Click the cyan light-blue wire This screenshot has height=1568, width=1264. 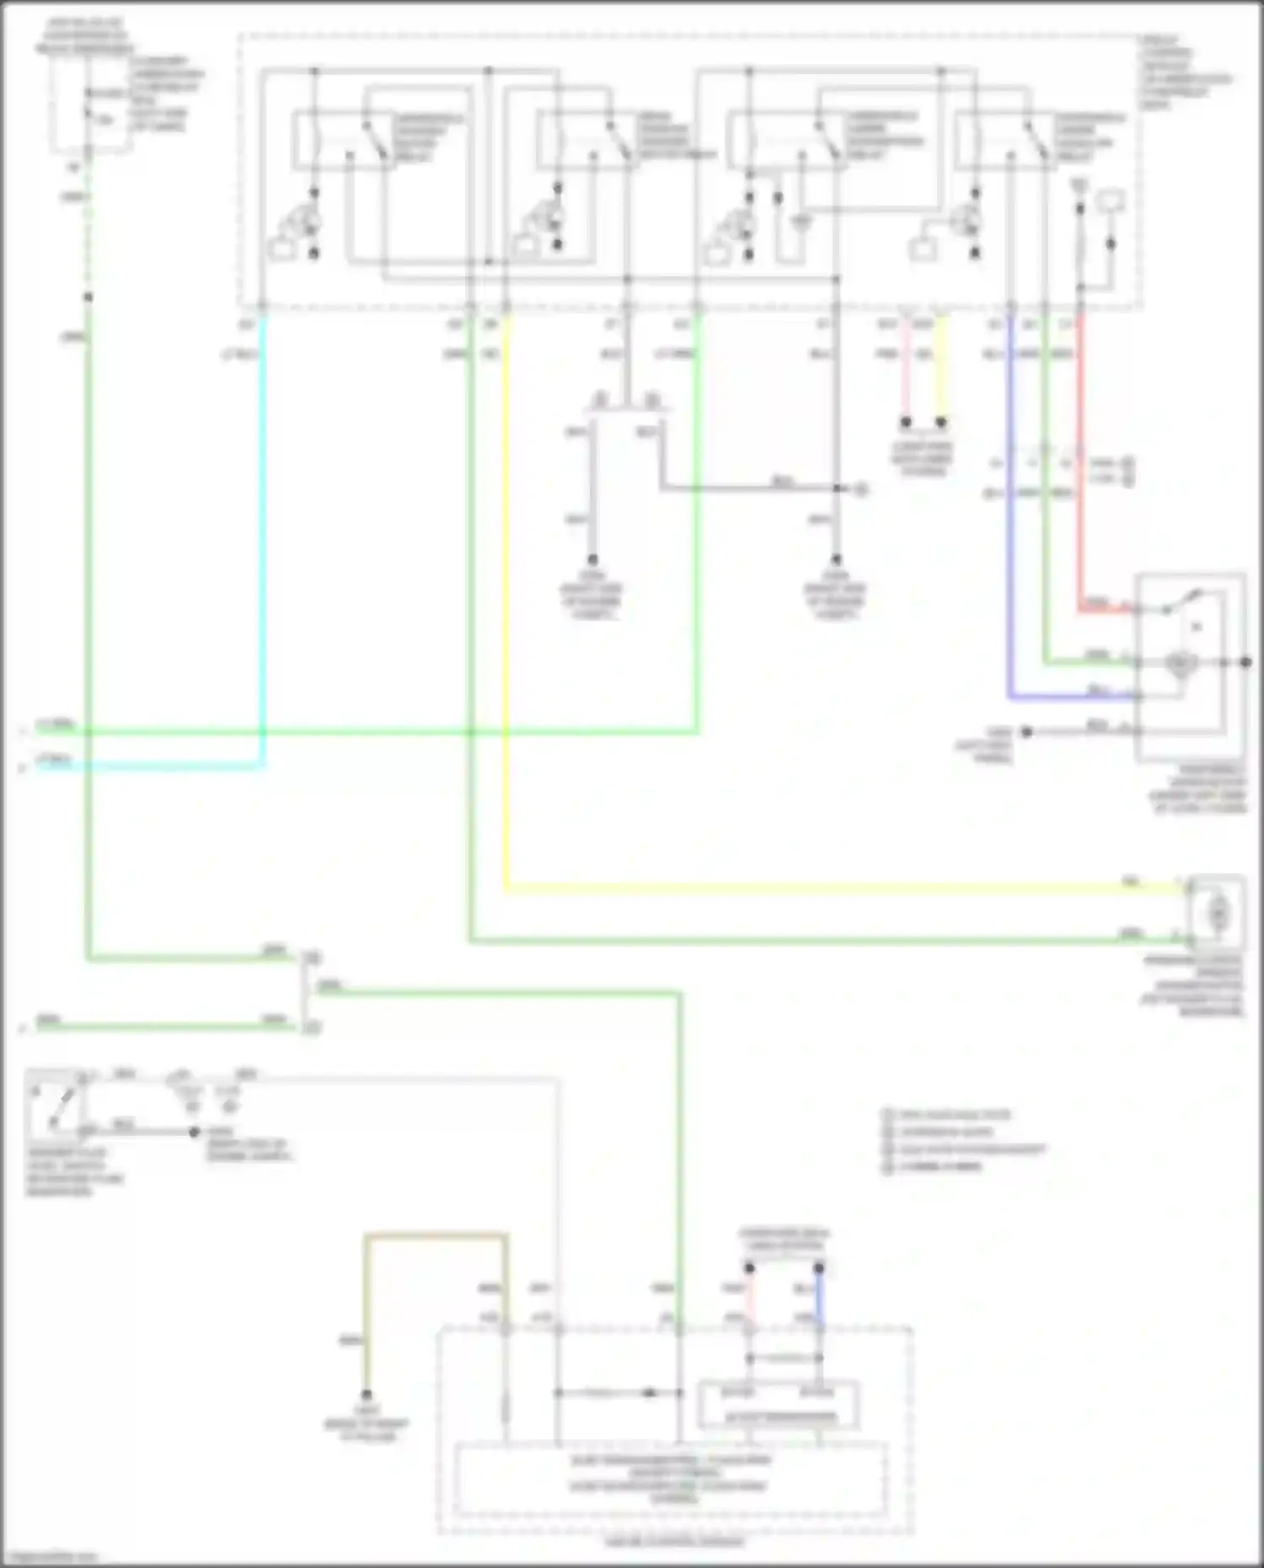pyautogui.click(x=263, y=548)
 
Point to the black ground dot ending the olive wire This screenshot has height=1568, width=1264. pyautogui.click(x=367, y=1394)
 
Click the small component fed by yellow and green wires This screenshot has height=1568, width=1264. pyautogui.click(x=1216, y=912)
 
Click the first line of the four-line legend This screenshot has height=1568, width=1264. pyautogui.click(x=948, y=1115)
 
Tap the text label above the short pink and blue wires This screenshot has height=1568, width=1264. pyautogui.click(x=784, y=1239)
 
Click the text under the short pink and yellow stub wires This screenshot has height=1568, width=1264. pyautogui.click(x=923, y=459)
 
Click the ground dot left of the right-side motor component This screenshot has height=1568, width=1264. pyautogui.click(x=1026, y=732)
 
